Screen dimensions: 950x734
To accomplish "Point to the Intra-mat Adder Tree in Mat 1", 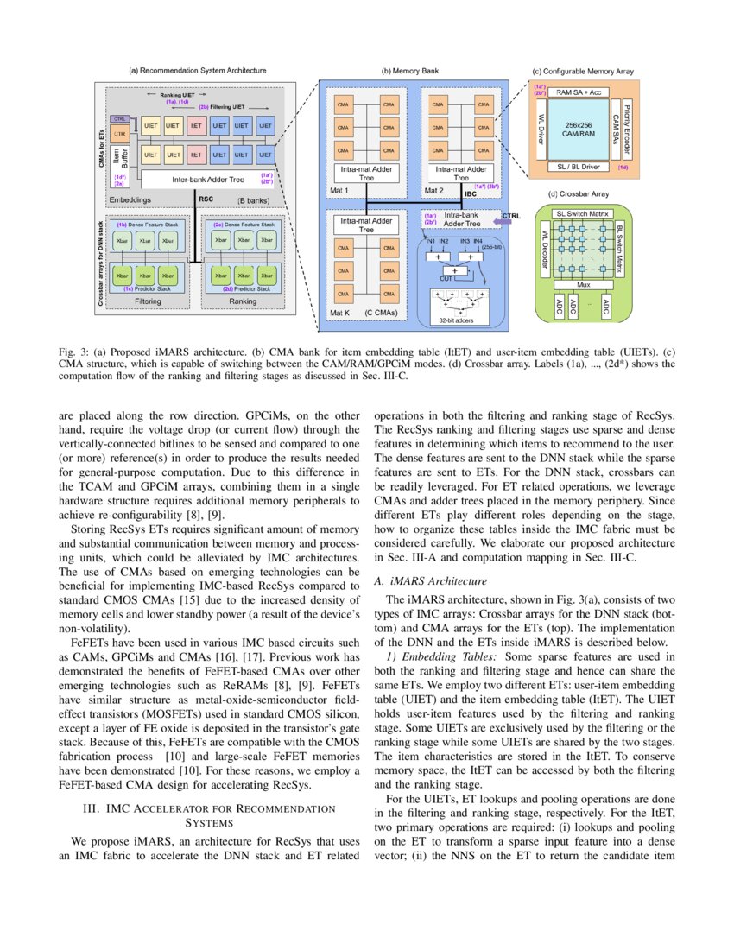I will click(x=367, y=174).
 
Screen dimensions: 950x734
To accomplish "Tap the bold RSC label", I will click(x=206, y=199).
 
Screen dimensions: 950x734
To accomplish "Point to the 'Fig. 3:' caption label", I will click(x=106, y=354).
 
